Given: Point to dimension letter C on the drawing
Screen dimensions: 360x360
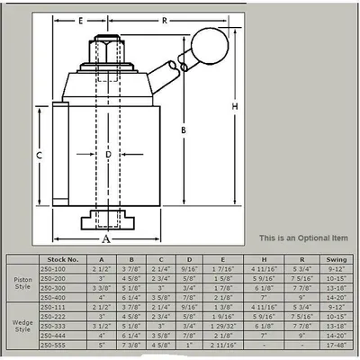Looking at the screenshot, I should click(39, 155).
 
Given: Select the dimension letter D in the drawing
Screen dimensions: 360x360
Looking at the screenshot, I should click(108, 155).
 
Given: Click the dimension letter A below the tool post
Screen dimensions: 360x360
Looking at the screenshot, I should click(106, 239).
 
